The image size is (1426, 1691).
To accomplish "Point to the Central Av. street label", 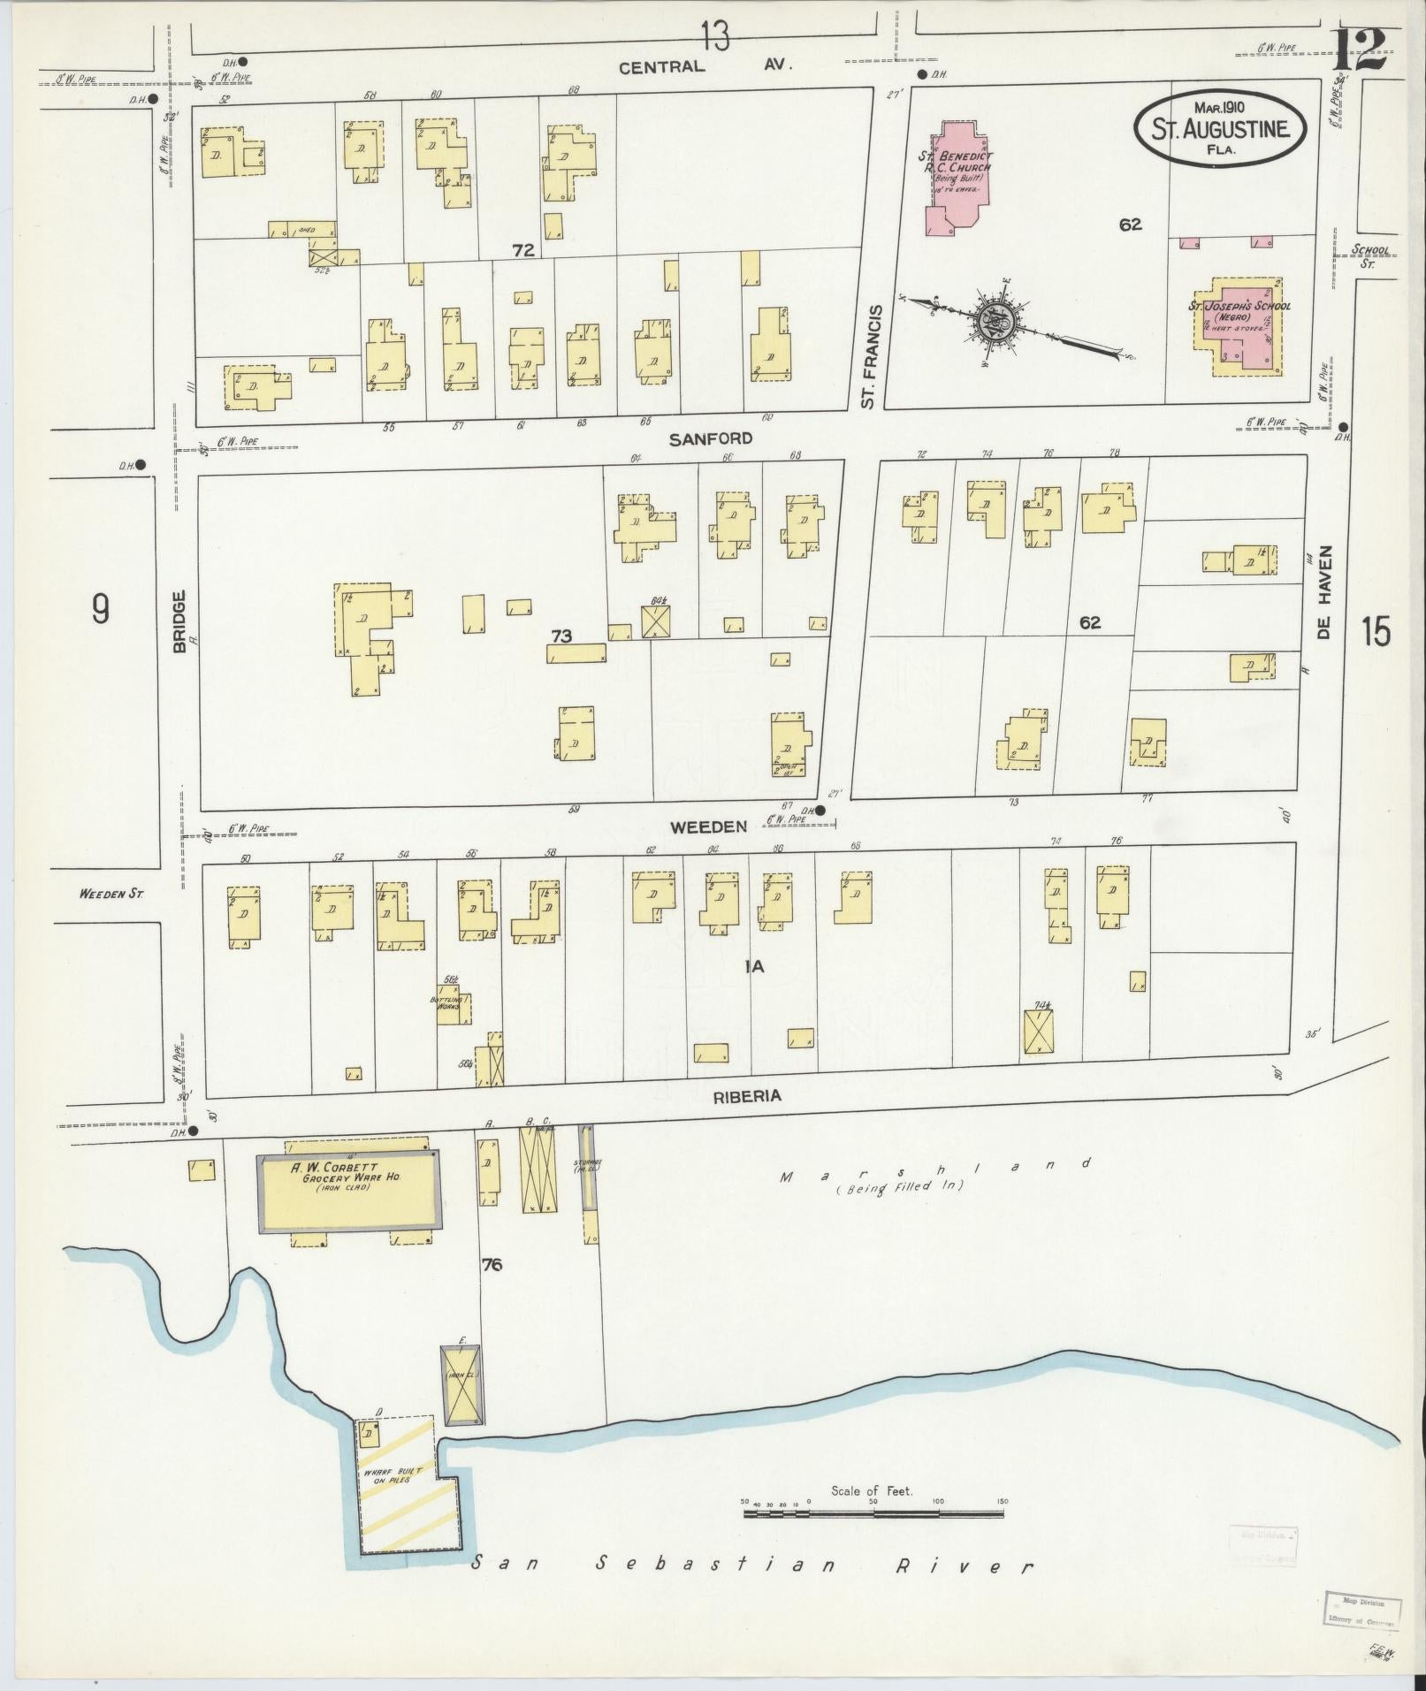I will (x=705, y=66).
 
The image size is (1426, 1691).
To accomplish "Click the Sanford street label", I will (x=710, y=438).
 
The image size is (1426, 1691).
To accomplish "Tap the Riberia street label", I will (x=748, y=1095).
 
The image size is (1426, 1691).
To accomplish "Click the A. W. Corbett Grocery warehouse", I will (x=347, y=1191).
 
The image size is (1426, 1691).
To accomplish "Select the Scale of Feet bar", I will (x=873, y=1514).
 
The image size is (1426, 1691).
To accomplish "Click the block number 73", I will (x=560, y=636).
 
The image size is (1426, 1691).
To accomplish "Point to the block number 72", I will (x=523, y=251).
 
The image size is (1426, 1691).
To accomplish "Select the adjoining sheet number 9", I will (x=101, y=608).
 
